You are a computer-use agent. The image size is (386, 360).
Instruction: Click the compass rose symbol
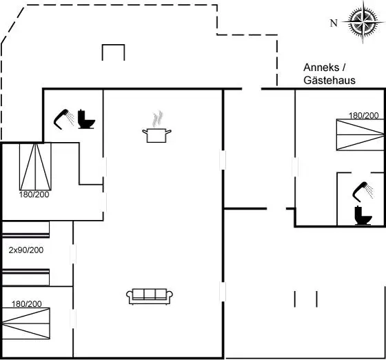coord(363,22)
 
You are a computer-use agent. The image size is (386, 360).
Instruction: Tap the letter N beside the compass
coord(334,23)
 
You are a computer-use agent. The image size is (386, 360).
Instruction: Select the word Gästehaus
coord(329,80)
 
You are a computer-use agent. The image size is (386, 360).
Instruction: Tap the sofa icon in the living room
coord(150,297)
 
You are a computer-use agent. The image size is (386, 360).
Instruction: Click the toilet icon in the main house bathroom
coord(86,119)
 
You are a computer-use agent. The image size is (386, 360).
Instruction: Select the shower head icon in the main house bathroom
coord(63,119)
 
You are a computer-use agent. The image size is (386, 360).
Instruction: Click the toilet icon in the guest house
coord(363,215)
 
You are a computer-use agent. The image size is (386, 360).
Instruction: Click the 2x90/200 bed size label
coord(26,250)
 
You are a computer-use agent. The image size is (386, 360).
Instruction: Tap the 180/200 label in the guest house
coord(364,115)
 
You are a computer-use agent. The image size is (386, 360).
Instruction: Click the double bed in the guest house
coord(360,134)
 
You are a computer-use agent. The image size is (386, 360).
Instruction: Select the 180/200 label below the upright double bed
coord(34,194)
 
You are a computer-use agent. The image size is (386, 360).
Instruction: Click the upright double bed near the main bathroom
coord(35,167)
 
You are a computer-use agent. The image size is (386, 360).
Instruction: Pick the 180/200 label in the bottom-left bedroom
coord(27,304)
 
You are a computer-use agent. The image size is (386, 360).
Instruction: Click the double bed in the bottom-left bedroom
coord(26,323)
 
